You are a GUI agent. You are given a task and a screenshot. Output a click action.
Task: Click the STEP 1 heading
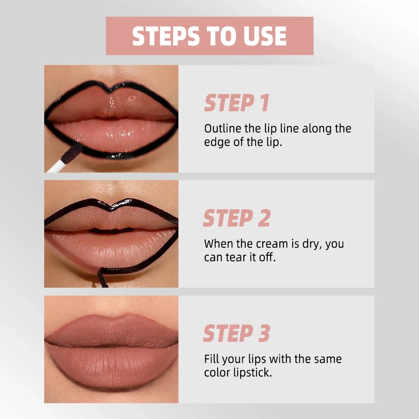236,103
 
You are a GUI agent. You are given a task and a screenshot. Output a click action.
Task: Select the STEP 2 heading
236,219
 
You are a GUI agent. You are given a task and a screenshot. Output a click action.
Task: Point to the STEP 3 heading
236,334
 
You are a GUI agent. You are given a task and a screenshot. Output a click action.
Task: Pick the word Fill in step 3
211,359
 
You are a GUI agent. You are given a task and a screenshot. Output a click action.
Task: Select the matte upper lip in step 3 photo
110,329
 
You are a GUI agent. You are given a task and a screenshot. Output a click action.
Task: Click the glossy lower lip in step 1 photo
117,135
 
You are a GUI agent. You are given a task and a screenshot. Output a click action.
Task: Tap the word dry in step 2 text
310,244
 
